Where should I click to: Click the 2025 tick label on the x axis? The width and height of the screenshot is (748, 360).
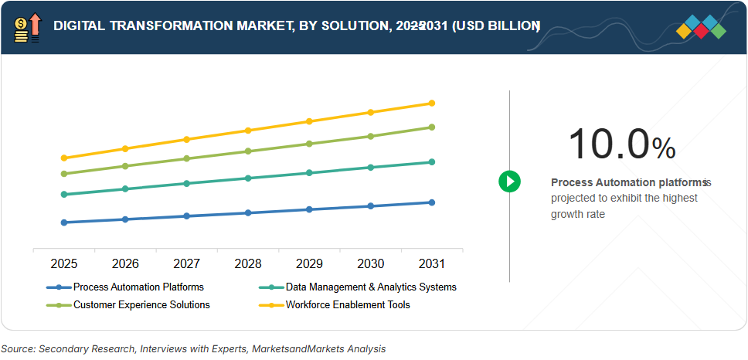pos(64,264)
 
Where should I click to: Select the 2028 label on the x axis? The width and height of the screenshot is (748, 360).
pos(248,264)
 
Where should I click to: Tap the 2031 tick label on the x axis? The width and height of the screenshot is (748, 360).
pos(432,264)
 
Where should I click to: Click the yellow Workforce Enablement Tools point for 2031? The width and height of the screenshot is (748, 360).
pos(432,103)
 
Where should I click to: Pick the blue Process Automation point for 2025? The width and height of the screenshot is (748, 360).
pos(64,222)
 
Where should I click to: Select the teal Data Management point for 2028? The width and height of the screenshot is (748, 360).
pos(248,178)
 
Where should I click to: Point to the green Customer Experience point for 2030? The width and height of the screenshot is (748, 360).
pos(371,136)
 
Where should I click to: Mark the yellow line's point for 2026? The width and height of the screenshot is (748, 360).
pos(125,148)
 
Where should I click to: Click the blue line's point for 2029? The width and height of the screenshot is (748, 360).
pos(309,209)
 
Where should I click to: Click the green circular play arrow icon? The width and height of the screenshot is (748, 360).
pos(509,182)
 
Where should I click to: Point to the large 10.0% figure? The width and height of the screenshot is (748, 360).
pos(621,144)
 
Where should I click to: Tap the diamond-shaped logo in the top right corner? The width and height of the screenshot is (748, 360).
pos(701,27)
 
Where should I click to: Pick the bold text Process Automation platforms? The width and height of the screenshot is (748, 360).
pos(628,183)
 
